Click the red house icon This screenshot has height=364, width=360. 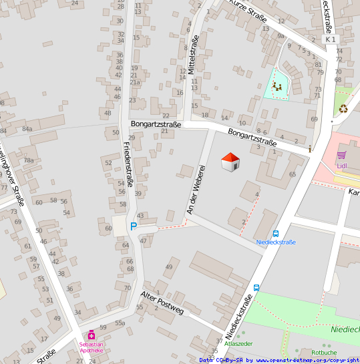point(230,162)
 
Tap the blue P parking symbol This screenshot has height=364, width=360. point(133,226)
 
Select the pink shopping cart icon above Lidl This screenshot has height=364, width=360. point(341,154)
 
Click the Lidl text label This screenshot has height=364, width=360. point(343,165)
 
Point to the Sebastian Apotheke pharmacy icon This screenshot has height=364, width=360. point(92,335)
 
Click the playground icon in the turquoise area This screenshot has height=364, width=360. point(277,85)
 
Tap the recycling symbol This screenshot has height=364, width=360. point(343,108)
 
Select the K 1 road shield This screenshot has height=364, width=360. point(330,40)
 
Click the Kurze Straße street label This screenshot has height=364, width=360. point(248,11)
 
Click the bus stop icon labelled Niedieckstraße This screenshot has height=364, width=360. point(276,234)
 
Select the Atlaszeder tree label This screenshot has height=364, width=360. point(238,343)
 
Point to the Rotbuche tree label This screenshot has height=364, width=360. point(324,352)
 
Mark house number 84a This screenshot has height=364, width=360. point(27,129)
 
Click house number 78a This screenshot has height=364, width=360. point(29,160)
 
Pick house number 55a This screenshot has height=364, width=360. point(120,323)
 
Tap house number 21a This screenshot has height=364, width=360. point(135,82)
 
